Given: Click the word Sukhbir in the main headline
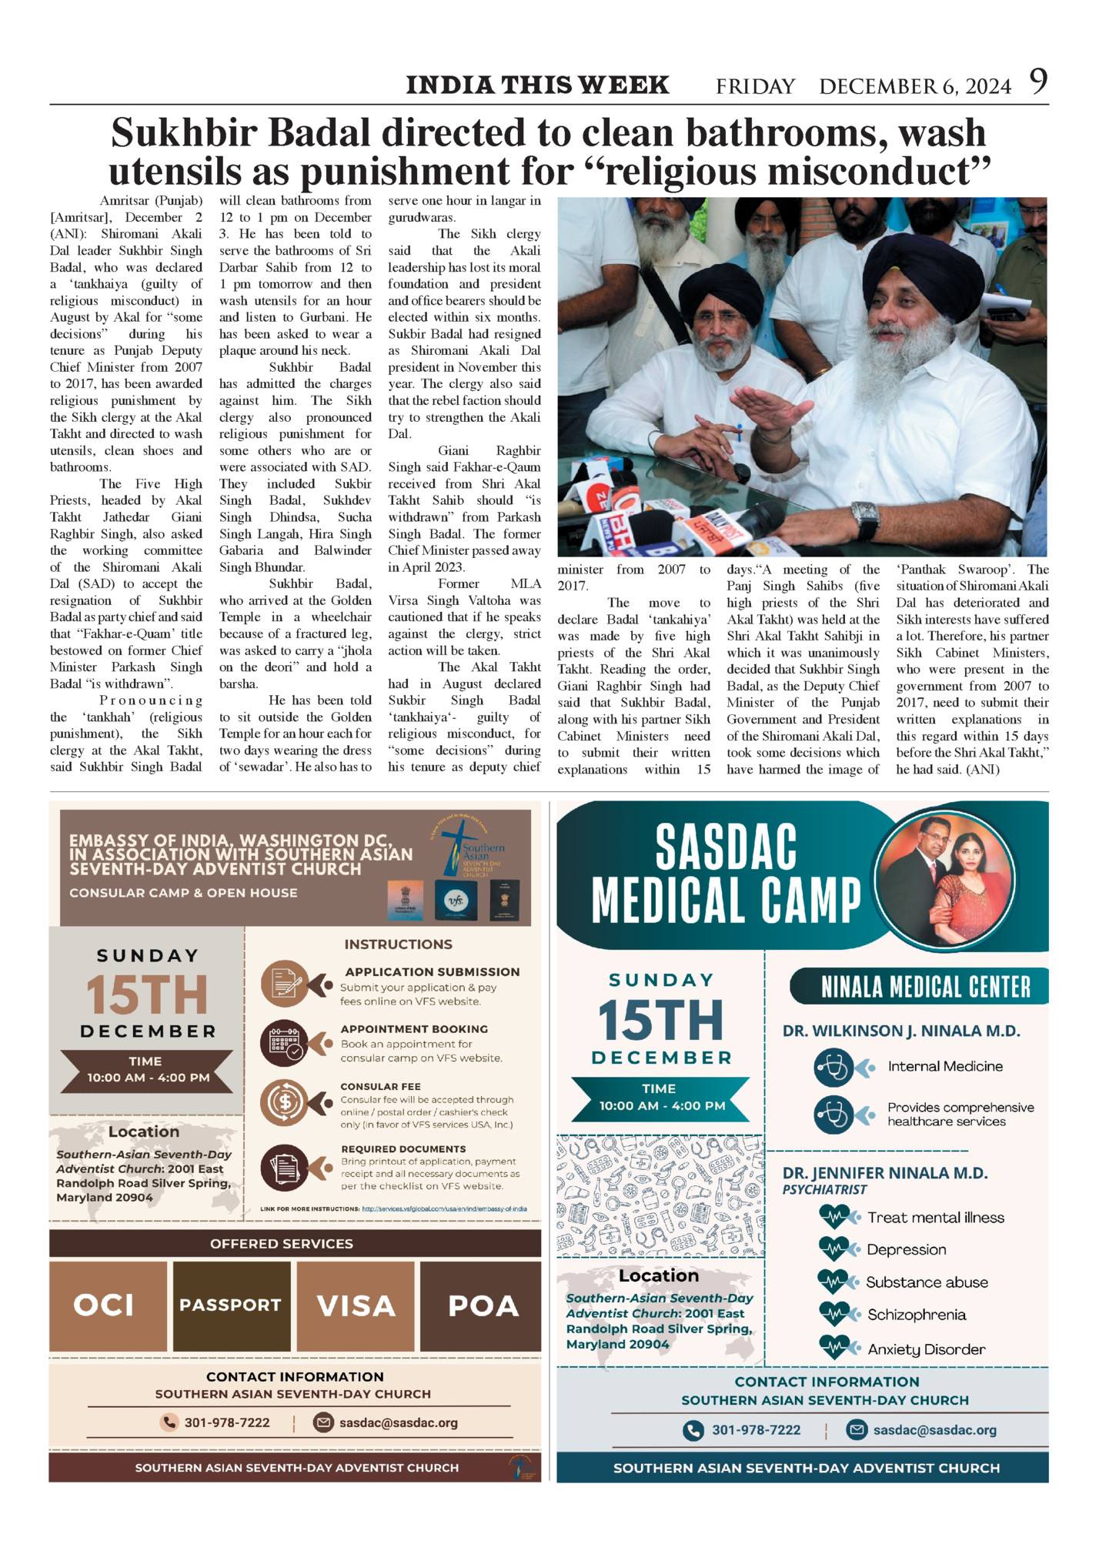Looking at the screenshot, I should [184, 133].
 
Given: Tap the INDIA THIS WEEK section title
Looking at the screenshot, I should [537, 85].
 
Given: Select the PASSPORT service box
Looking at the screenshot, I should [231, 1305].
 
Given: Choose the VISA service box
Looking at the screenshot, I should [356, 1305].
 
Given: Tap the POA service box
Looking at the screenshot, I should [483, 1305].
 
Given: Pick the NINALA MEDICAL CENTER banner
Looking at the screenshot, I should [925, 987].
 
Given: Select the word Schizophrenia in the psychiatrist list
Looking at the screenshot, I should [917, 1315].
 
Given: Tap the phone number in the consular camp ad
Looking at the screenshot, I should [226, 1422].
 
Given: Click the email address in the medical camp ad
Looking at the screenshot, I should [934, 1430].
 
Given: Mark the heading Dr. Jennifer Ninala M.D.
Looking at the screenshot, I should [885, 1173].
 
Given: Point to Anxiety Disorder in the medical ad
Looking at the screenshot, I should [926, 1349].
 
